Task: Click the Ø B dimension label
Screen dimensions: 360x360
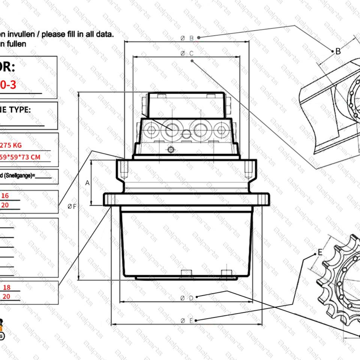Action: point(186,38)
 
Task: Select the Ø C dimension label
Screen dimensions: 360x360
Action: point(186,54)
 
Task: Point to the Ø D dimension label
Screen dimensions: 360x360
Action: point(186,298)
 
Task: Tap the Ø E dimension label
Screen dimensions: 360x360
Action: point(186,321)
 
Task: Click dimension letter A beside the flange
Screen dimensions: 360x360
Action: point(87,183)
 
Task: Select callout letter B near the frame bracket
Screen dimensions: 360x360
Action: point(338,51)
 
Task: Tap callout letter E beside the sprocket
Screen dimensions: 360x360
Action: point(320,252)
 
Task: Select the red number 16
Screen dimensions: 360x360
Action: point(5,195)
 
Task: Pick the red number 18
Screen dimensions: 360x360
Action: point(7,287)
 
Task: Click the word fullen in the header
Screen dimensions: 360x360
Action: point(16,43)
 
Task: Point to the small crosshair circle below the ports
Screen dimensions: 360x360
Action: point(171,150)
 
